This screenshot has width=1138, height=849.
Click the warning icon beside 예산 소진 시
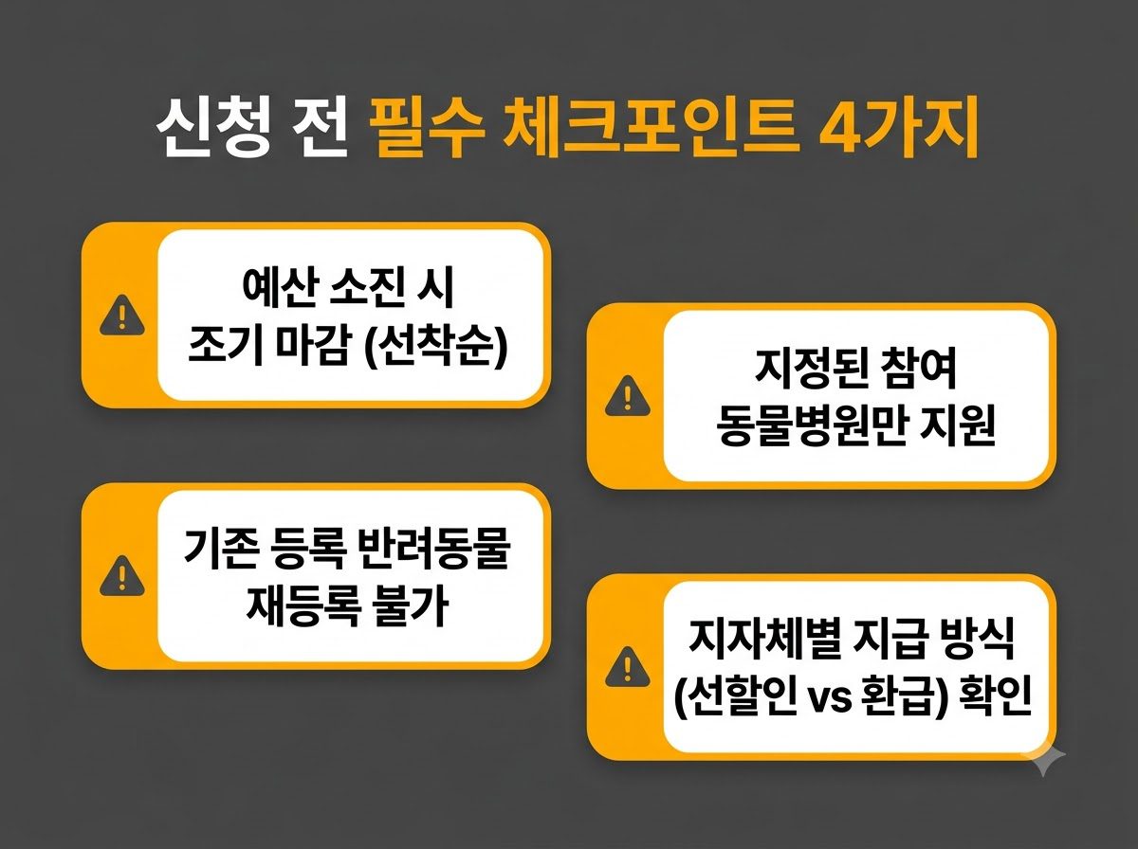point(121,315)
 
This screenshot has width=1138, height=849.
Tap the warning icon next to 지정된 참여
point(628,395)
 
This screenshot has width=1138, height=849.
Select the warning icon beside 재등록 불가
point(121,575)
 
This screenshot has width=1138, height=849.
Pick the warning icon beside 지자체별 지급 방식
point(628,667)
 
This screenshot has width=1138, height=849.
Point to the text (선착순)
point(435,346)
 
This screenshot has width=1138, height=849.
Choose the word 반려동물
point(434,549)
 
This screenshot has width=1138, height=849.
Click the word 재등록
point(303,606)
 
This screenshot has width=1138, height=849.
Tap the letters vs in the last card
point(829,698)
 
